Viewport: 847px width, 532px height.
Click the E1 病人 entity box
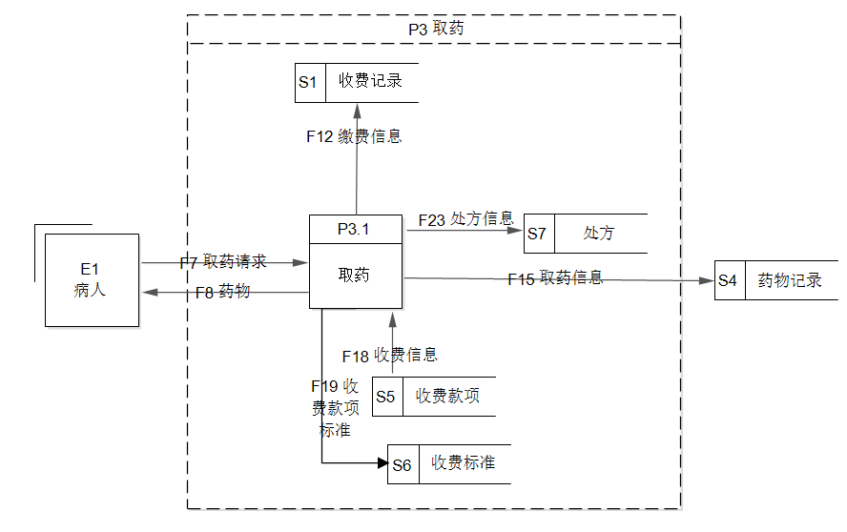pyautogui.click(x=92, y=280)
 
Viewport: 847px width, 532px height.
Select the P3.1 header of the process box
pyautogui.click(x=355, y=229)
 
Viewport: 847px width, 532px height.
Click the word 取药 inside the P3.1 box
pyautogui.click(x=355, y=276)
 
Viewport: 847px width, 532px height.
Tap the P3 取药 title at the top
pyautogui.click(x=435, y=29)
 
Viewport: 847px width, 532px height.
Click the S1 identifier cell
pyautogui.click(x=309, y=82)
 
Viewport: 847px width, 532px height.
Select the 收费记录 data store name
pyautogui.click(x=371, y=82)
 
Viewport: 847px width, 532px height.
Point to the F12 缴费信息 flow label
pyautogui.click(x=354, y=136)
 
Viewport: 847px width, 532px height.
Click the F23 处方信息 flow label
pyautogui.click(x=465, y=219)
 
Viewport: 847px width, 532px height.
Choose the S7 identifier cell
pyautogui.click(x=537, y=234)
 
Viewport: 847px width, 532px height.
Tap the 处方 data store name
pyautogui.click(x=599, y=234)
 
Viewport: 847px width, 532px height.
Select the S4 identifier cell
pyautogui.click(x=729, y=281)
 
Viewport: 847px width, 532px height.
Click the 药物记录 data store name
pyautogui.click(x=790, y=281)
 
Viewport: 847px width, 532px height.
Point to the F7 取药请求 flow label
pyautogui.click(x=223, y=262)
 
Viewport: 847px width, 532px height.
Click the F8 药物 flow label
pyautogui.click(x=222, y=292)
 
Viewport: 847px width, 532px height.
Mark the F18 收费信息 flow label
pyautogui.click(x=389, y=356)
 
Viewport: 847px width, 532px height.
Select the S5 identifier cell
pyautogui.click(x=386, y=397)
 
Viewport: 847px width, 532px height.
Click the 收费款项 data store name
pyautogui.click(x=447, y=397)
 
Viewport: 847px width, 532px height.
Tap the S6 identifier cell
pyautogui.click(x=402, y=464)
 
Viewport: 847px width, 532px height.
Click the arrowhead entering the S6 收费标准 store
pyautogui.click(x=382, y=464)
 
